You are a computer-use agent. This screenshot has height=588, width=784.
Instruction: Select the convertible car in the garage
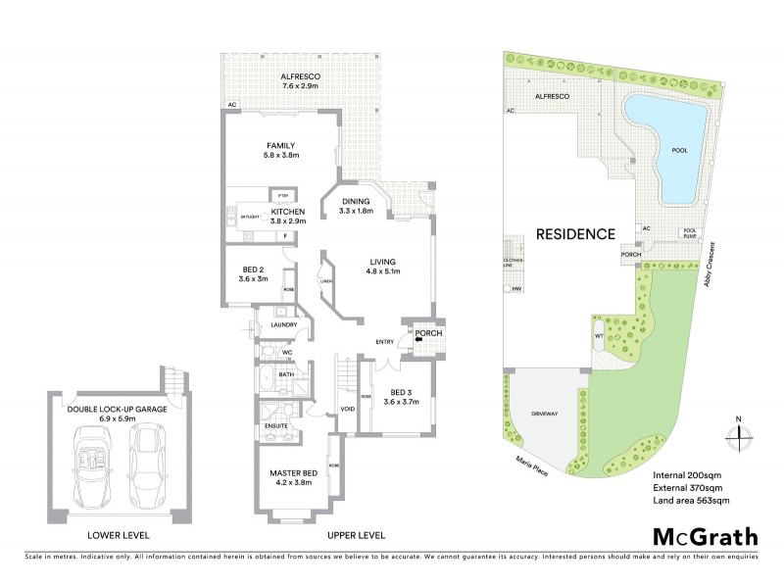pos(92,461)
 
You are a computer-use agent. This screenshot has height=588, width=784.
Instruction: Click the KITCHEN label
pos(288,213)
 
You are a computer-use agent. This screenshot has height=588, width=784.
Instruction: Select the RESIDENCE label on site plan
pos(575,234)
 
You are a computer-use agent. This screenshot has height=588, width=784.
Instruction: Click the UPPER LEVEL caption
pos(357,535)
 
